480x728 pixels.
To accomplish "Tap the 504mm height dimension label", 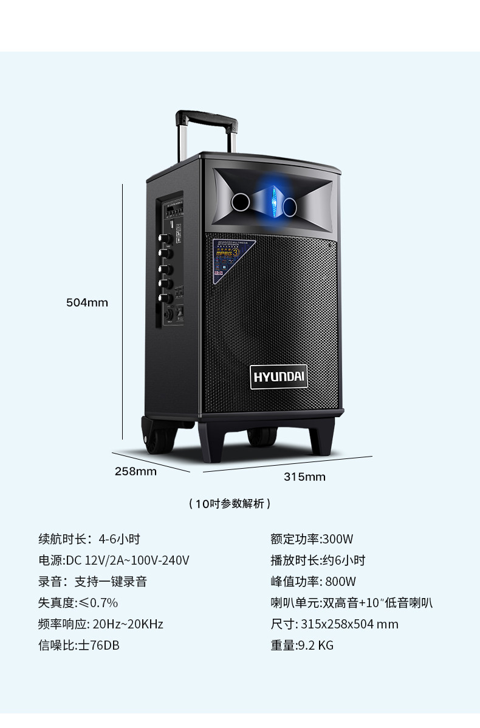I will [x=87, y=302].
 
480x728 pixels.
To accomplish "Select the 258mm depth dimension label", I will [x=135, y=471].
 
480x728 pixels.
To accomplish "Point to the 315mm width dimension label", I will [x=304, y=477].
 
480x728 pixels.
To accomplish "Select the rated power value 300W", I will [x=338, y=539].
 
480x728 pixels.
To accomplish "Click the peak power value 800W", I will [x=340, y=581].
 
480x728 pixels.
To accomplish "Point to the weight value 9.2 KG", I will [x=315, y=645].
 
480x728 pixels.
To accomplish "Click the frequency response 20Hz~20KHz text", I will [x=128, y=624].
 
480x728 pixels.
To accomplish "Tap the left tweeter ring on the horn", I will [x=239, y=202].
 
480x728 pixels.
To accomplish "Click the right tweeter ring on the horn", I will [x=289, y=206].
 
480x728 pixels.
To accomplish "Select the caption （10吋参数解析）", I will [x=230, y=503].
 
